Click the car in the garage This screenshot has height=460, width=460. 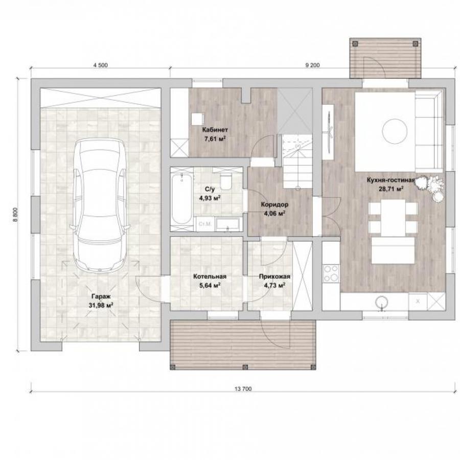point(100,205)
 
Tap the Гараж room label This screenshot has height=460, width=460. point(101,296)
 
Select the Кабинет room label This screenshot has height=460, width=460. point(215,130)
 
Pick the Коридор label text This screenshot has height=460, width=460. point(274,204)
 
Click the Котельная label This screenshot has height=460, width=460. point(210,277)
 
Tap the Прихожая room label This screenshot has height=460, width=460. point(274,277)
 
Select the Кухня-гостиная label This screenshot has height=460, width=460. point(391,180)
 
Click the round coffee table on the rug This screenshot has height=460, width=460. point(395,131)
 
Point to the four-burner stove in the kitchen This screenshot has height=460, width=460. point(331,273)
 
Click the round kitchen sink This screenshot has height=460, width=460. point(382,302)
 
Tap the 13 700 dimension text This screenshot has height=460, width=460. point(243,389)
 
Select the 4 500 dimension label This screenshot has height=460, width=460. point(100,65)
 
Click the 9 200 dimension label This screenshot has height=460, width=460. point(312,65)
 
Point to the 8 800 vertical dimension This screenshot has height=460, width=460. point(15,215)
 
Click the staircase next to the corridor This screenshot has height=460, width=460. point(297,162)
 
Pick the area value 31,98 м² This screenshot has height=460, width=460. point(101,306)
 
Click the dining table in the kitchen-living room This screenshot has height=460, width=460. point(393,218)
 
